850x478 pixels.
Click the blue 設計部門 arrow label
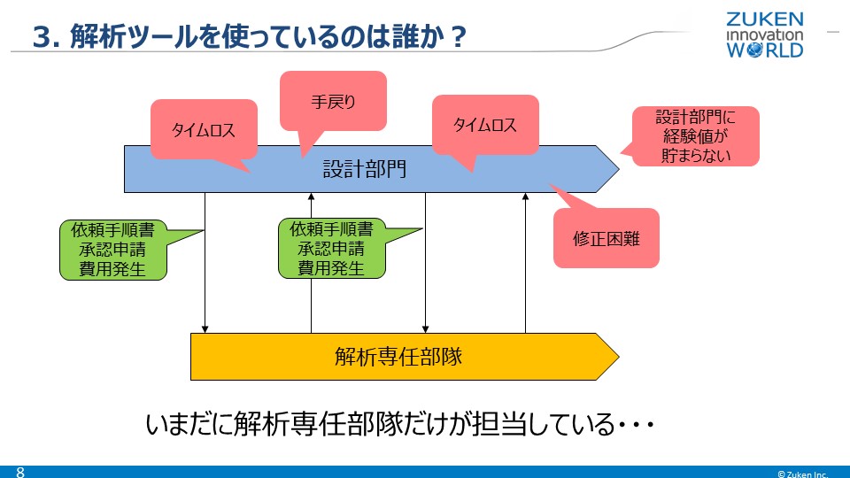[x=364, y=168]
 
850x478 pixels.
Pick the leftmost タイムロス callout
[x=204, y=129]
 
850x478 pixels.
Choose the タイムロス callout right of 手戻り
[x=484, y=125]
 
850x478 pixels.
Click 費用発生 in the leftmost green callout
[x=112, y=268]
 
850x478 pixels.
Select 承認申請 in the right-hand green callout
[x=331, y=249]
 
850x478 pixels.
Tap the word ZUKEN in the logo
[x=765, y=19]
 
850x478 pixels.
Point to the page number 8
[x=19, y=471]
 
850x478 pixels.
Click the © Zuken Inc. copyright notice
[x=802, y=473]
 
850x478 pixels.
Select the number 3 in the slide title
[x=40, y=38]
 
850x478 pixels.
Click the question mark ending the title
[x=459, y=38]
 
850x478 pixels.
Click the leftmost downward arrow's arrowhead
[x=205, y=328]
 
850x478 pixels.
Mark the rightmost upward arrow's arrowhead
[x=525, y=197]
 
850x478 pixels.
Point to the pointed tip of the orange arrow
[x=616, y=357]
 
